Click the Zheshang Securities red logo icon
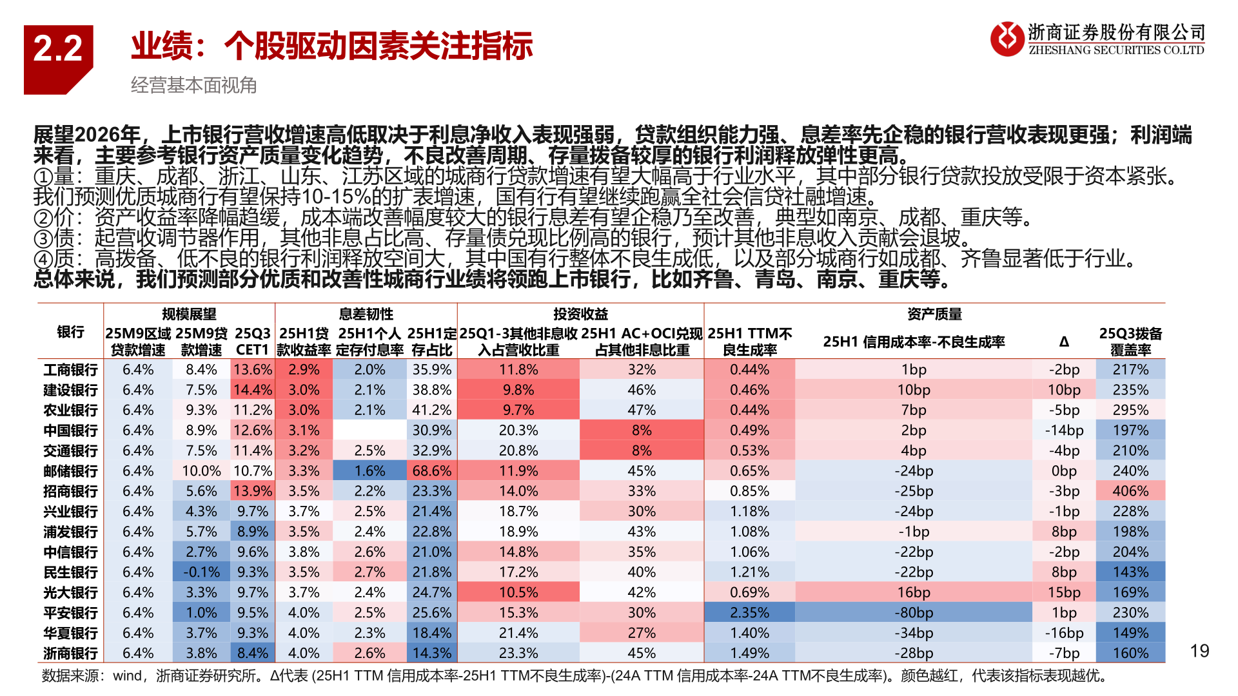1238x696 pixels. tap(1007, 39)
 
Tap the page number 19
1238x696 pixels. tap(1199, 651)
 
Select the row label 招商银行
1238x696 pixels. tap(70, 491)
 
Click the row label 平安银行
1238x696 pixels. tap(70, 613)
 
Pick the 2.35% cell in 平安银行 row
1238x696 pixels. tap(749, 613)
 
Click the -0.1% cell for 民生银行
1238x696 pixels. tap(201, 572)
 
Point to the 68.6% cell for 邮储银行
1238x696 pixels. tap(432, 471)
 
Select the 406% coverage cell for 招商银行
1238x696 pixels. tap(1130, 491)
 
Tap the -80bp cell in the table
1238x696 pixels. tap(914, 613)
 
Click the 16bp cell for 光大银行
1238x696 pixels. tap(914, 592)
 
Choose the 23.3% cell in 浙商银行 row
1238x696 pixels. tap(518, 653)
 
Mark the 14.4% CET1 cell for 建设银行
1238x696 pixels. tap(253, 390)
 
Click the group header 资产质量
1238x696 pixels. tap(934, 314)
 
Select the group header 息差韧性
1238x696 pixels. tap(366, 314)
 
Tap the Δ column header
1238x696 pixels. tap(1064, 342)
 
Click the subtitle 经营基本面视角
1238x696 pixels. tap(193, 85)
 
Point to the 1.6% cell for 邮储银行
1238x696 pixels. tap(369, 471)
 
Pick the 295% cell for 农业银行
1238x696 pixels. tap(1130, 410)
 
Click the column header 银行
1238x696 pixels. tap(70, 332)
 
